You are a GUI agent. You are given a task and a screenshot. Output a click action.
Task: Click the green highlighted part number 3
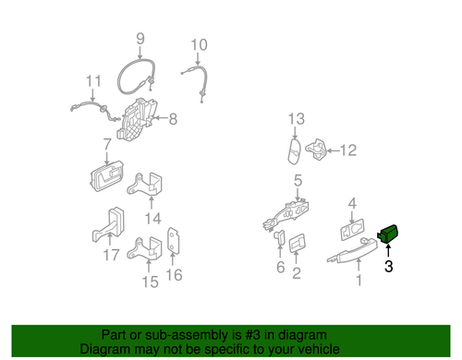(x=388, y=234)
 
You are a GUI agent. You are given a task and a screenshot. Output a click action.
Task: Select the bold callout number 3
(x=389, y=266)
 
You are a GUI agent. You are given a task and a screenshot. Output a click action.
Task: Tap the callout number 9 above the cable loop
(x=140, y=39)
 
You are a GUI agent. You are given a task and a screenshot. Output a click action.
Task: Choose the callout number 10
(x=199, y=45)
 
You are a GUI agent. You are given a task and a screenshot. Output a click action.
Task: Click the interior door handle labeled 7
(x=106, y=176)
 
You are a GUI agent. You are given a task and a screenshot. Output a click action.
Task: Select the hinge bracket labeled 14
(x=145, y=184)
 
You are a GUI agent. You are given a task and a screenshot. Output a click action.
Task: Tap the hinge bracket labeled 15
(x=145, y=248)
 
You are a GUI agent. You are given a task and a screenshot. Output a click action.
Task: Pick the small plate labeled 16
(x=173, y=241)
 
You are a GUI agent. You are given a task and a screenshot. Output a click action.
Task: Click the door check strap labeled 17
(x=108, y=224)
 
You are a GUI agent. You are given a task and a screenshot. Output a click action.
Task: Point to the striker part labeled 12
(x=316, y=150)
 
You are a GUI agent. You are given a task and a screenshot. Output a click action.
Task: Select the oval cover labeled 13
(x=295, y=151)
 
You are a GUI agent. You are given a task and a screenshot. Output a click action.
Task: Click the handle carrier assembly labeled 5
(x=286, y=215)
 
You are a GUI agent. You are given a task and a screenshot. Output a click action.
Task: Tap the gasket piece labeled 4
(x=352, y=229)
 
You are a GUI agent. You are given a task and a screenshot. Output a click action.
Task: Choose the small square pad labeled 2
(x=298, y=243)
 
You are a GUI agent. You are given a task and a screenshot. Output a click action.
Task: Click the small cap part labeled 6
(x=279, y=237)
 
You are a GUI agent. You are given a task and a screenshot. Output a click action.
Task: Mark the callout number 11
(x=93, y=81)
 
